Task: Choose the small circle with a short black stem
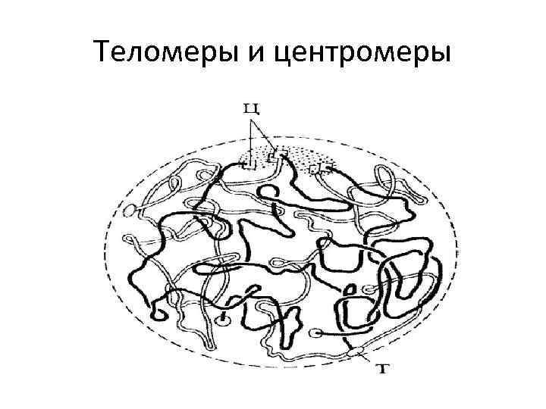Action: [x=223, y=320]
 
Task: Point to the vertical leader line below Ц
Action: [x=252, y=140]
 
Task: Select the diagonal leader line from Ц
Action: [x=267, y=136]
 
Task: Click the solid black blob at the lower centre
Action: [x=290, y=326]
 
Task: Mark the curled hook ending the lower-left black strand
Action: [x=158, y=311]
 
